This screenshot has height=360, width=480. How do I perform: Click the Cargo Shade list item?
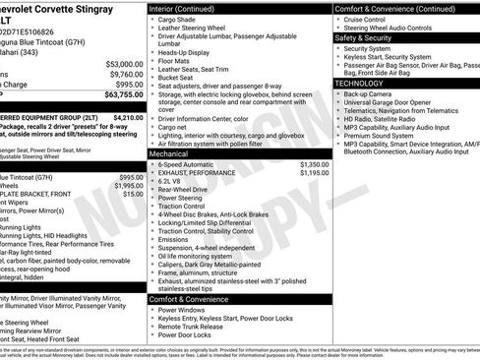181,19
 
